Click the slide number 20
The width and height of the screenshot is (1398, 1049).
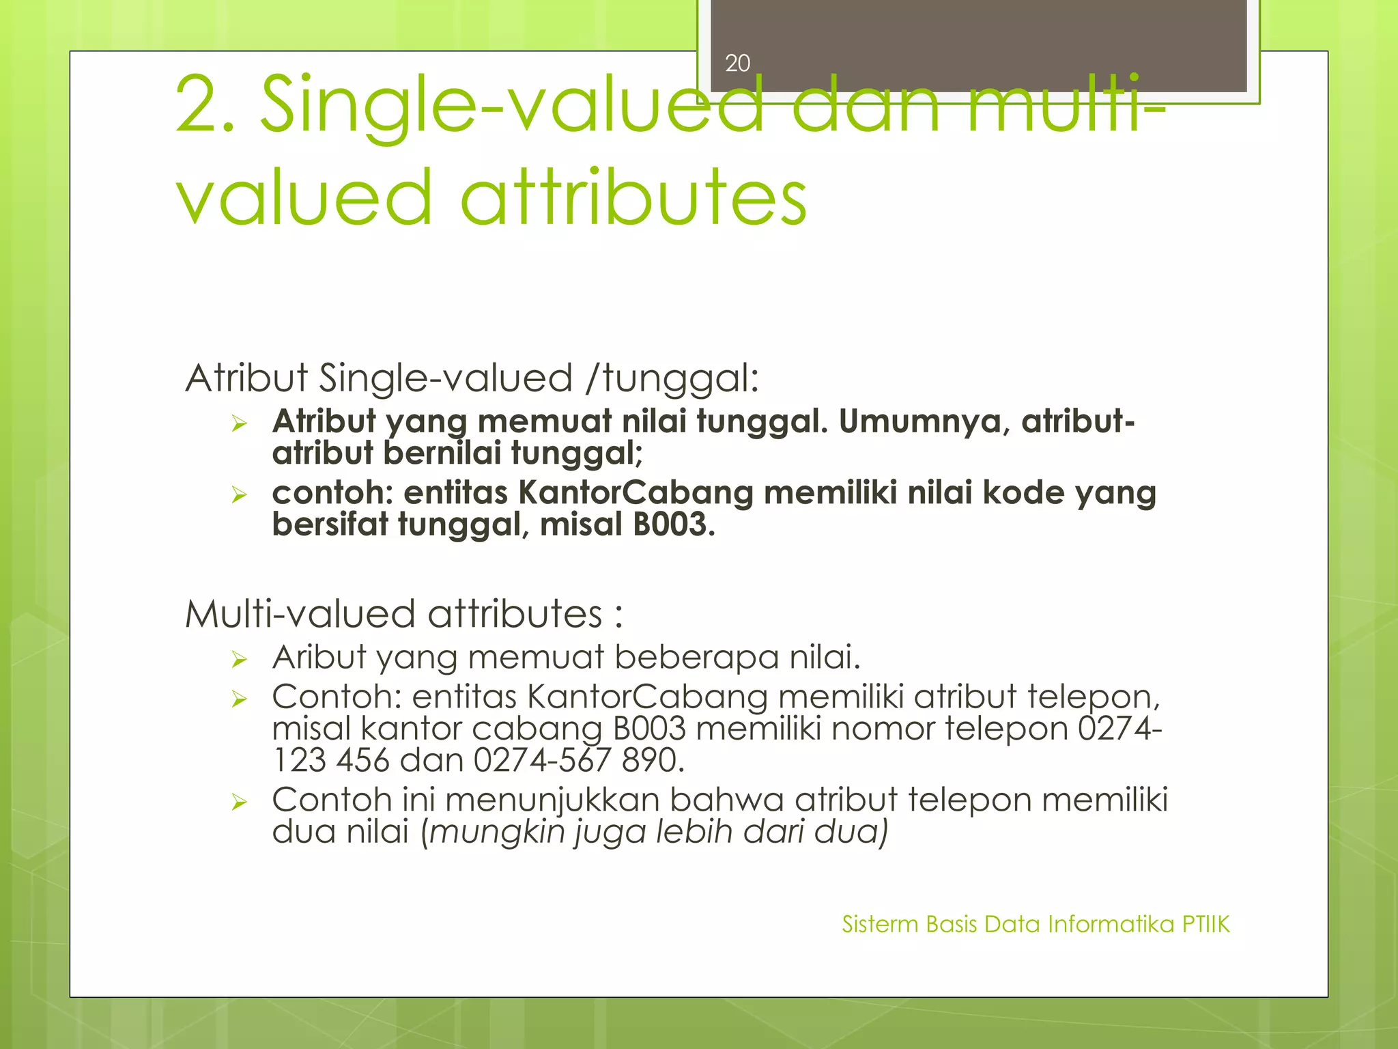pyautogui.click(x=737, y=64)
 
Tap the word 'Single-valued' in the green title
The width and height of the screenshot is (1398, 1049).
pyautogui.click(x=512, y=106)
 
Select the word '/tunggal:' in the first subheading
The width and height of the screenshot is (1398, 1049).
pyautogui.click(x=672, y=378)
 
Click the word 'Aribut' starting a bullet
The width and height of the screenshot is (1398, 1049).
pyautogui.click(x=319, y=657)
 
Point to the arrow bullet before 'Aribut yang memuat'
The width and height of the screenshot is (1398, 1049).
pyautogui.click(x=238, y=659)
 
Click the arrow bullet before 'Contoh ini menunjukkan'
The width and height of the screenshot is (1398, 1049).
pyautogui.click(x=238, y=802)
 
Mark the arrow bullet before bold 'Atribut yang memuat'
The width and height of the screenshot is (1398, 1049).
pyautogui.click(x=238, y=423)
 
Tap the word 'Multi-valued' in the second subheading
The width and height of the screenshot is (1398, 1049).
pyautogui.click(x=300, y=613)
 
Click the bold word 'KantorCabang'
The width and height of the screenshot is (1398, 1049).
pyautogui.click(x=636, y=492)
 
